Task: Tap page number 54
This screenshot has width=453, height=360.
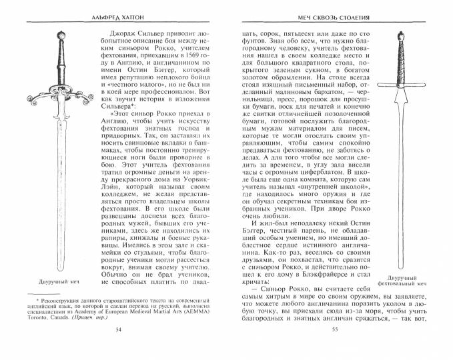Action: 119,348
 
